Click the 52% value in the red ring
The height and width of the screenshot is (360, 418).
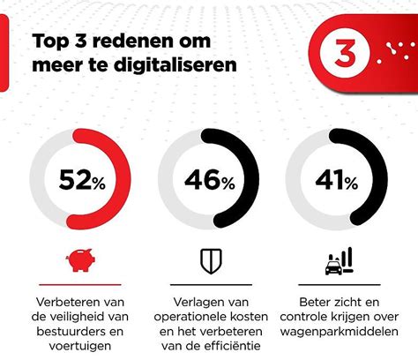(82, 181)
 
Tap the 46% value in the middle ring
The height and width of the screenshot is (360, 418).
(209, 181)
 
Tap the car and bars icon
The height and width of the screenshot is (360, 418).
(337, 261)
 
